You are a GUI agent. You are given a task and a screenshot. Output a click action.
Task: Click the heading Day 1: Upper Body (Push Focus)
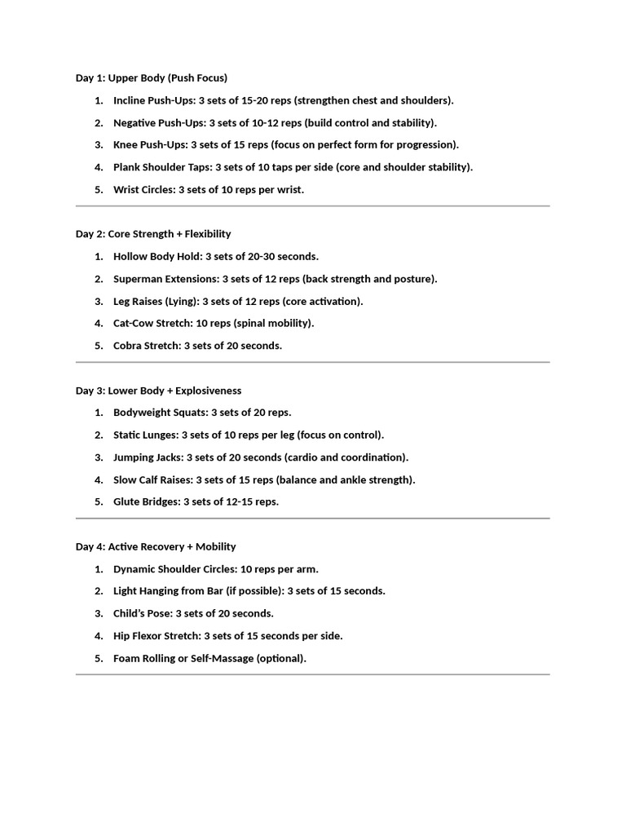tap(152, 78)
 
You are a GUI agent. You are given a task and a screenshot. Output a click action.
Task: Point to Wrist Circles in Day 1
tap(143, 189)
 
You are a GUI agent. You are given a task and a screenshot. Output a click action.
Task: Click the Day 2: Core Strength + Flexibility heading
tap(153, 234)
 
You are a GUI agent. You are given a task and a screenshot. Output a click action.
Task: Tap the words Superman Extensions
tap(165, 279)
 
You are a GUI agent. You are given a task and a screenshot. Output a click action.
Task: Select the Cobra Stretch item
tap(146, 345)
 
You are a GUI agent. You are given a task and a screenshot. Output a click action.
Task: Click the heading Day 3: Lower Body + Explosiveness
tap(158, 391)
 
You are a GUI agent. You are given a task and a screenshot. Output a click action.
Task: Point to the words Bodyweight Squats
tap(160, 413)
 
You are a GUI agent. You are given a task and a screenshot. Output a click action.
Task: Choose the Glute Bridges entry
tap(146, 501)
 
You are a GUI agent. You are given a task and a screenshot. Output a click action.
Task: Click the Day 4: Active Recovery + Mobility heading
tap(156, 546)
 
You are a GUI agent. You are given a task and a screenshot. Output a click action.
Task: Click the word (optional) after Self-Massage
tap(281, 658)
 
